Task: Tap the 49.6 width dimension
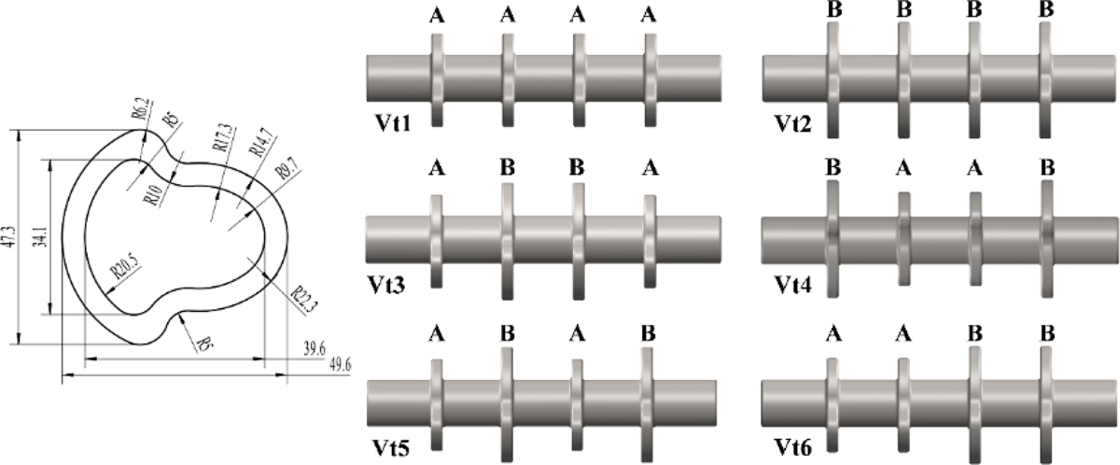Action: [x=332, y=366]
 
